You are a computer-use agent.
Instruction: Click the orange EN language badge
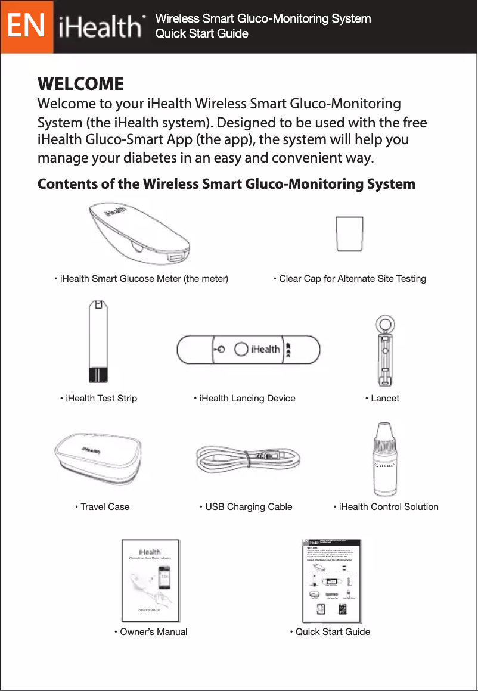coord(27,27)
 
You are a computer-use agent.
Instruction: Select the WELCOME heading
coord(80,83)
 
